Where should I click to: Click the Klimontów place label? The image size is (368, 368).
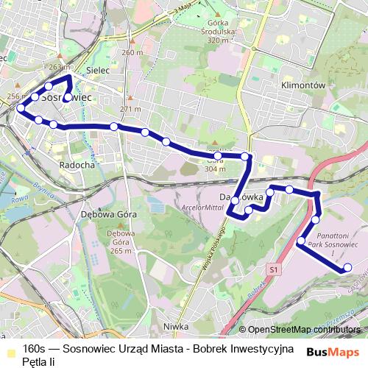click(x=302, y=85)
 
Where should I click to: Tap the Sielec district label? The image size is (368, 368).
click(x=97, y=70)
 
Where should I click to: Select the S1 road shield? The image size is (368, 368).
click(x=274, y=271)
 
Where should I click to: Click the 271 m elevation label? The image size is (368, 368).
click(x=130, y=109)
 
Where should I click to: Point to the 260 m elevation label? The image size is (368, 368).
click(x=132, y=53)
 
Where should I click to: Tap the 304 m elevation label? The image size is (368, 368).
click(x=214, y=169)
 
